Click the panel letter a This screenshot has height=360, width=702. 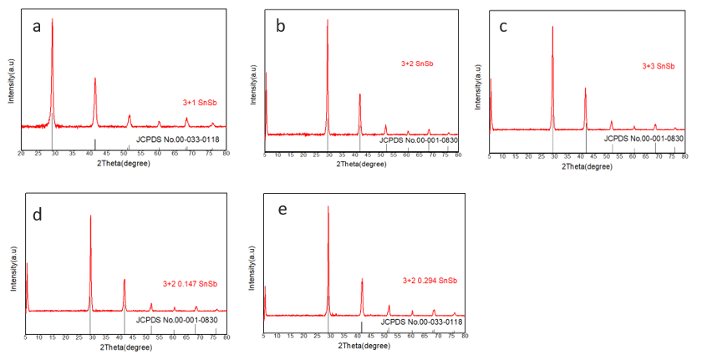[x=37, y=26]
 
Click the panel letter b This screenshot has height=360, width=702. [x=281, y=27]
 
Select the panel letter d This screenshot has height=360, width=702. [x=37, y=214]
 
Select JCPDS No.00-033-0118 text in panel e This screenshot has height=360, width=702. [x=422, y=321]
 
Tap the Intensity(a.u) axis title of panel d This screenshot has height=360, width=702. [x=14, y=269]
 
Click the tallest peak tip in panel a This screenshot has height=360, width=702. [x=53, y=19]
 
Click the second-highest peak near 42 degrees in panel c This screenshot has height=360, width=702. [x=585, y=88]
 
